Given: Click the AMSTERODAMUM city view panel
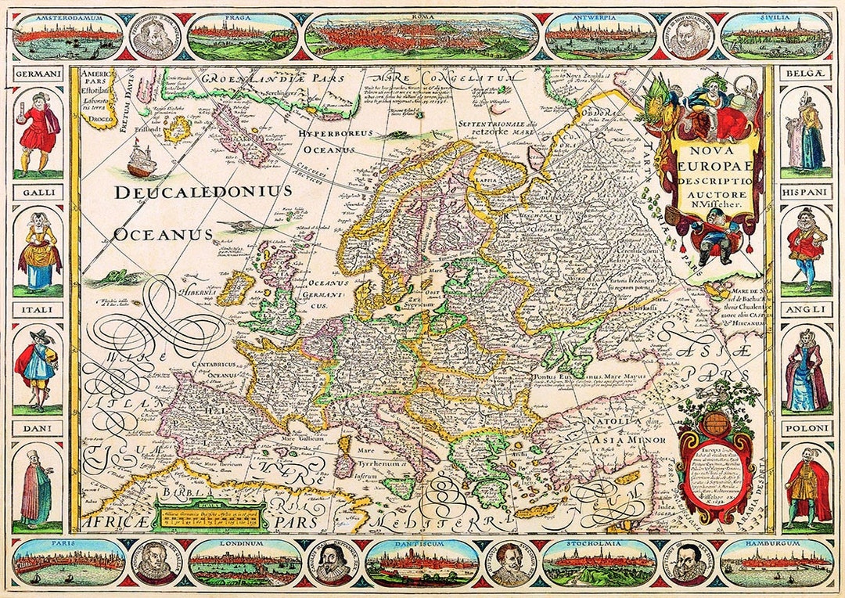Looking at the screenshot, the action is tap(69, 34).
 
